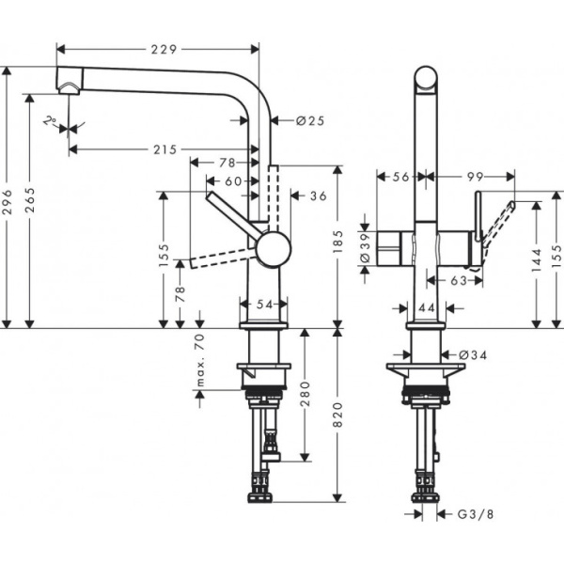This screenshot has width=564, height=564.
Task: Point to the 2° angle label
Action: pyautogui.click(x=50, y=120)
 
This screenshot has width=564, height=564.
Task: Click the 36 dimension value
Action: pyautogui.click(x=317, y=196)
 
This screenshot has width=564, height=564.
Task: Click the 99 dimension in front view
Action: pyautogui.click(x=474, y=176)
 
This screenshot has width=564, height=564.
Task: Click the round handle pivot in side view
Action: pyautogui.click(x=274, y=249)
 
